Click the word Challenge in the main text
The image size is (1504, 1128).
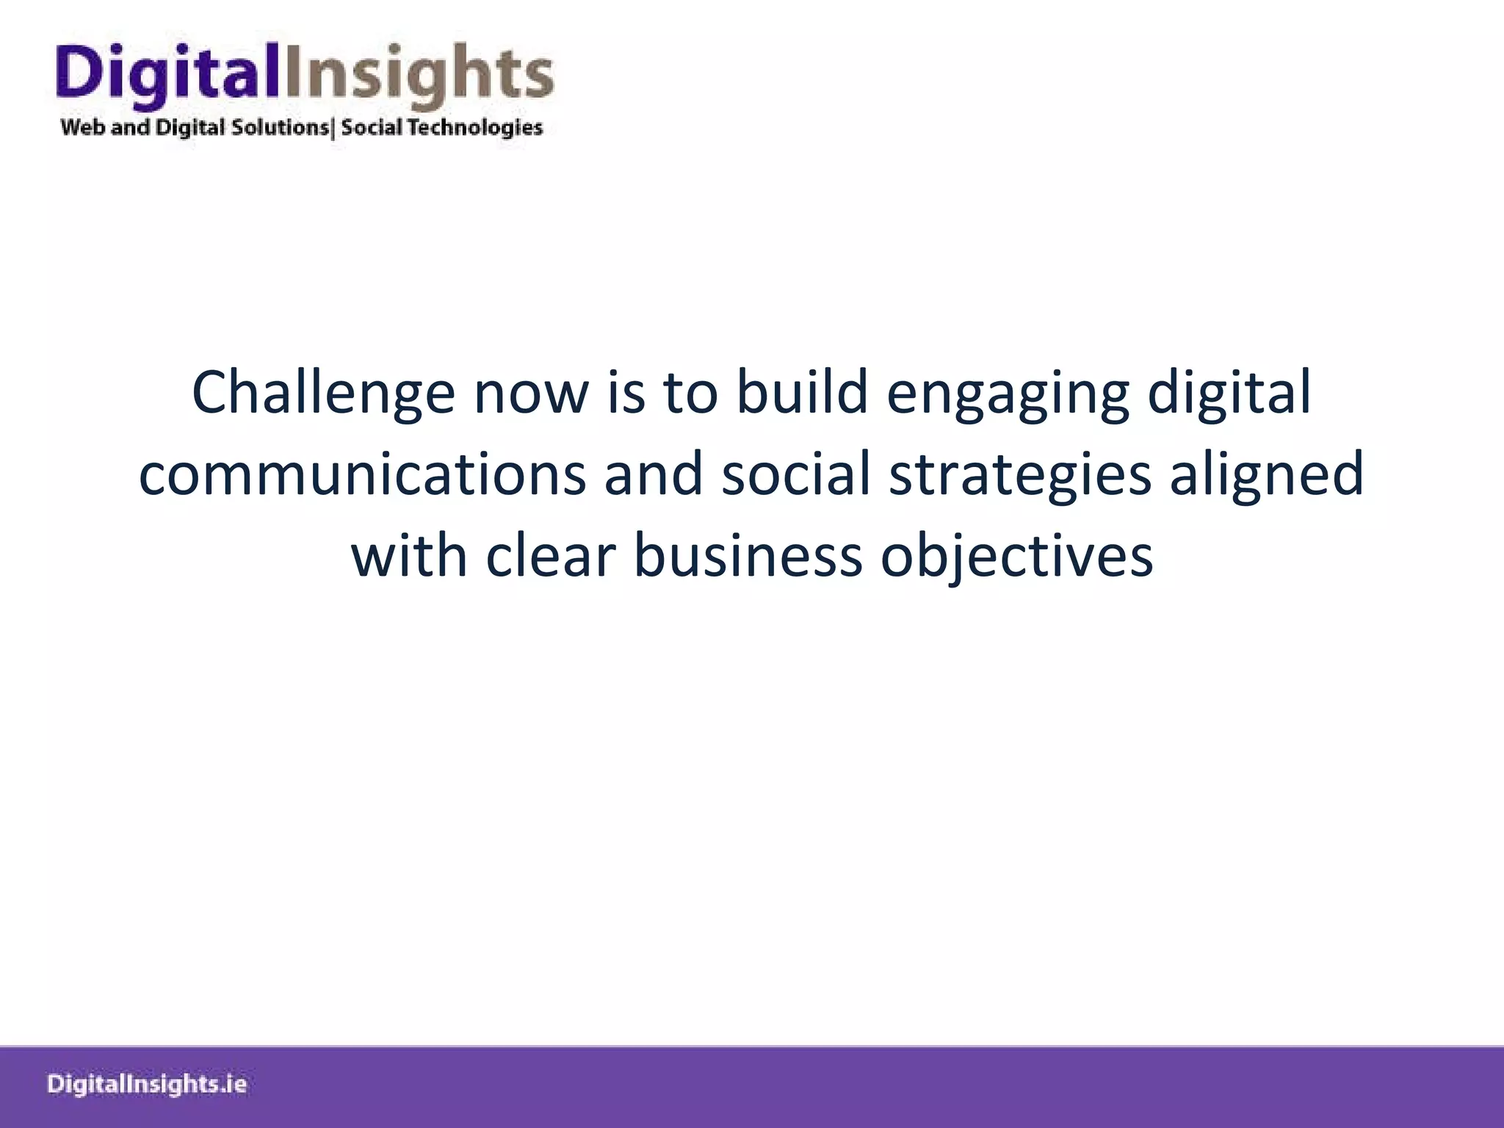[323, 394]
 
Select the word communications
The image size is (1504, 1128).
[362, 474]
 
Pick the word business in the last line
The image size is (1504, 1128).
[747, 555]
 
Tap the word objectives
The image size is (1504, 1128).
[1016, 557]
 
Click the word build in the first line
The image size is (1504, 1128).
[802, 392]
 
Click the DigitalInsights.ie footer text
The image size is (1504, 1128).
[147, 1085]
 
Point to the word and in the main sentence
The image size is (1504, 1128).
[653, 474]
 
